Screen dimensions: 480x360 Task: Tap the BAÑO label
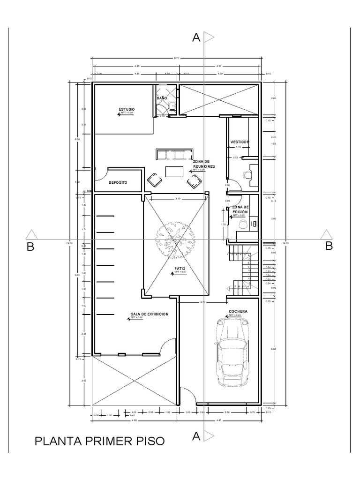pos(162,97)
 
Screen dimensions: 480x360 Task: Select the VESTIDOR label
pos(240,142)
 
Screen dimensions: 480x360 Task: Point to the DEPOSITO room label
pos(118,183)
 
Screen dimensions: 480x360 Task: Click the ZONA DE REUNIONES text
pos(203,164)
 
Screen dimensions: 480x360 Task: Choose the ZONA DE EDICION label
pos(240,209)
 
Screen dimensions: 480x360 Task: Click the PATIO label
pos(180,269)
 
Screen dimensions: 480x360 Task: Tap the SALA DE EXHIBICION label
pos(149,314)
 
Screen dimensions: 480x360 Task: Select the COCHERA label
pos(238,311)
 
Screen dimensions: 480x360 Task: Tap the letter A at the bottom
pos(196,436)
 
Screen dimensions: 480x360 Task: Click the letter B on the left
pos(30,247)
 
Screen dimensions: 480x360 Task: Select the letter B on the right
pos(329,246)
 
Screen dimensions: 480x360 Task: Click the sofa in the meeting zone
pos(174,154)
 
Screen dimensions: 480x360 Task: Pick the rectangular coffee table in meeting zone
pos(174,172)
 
